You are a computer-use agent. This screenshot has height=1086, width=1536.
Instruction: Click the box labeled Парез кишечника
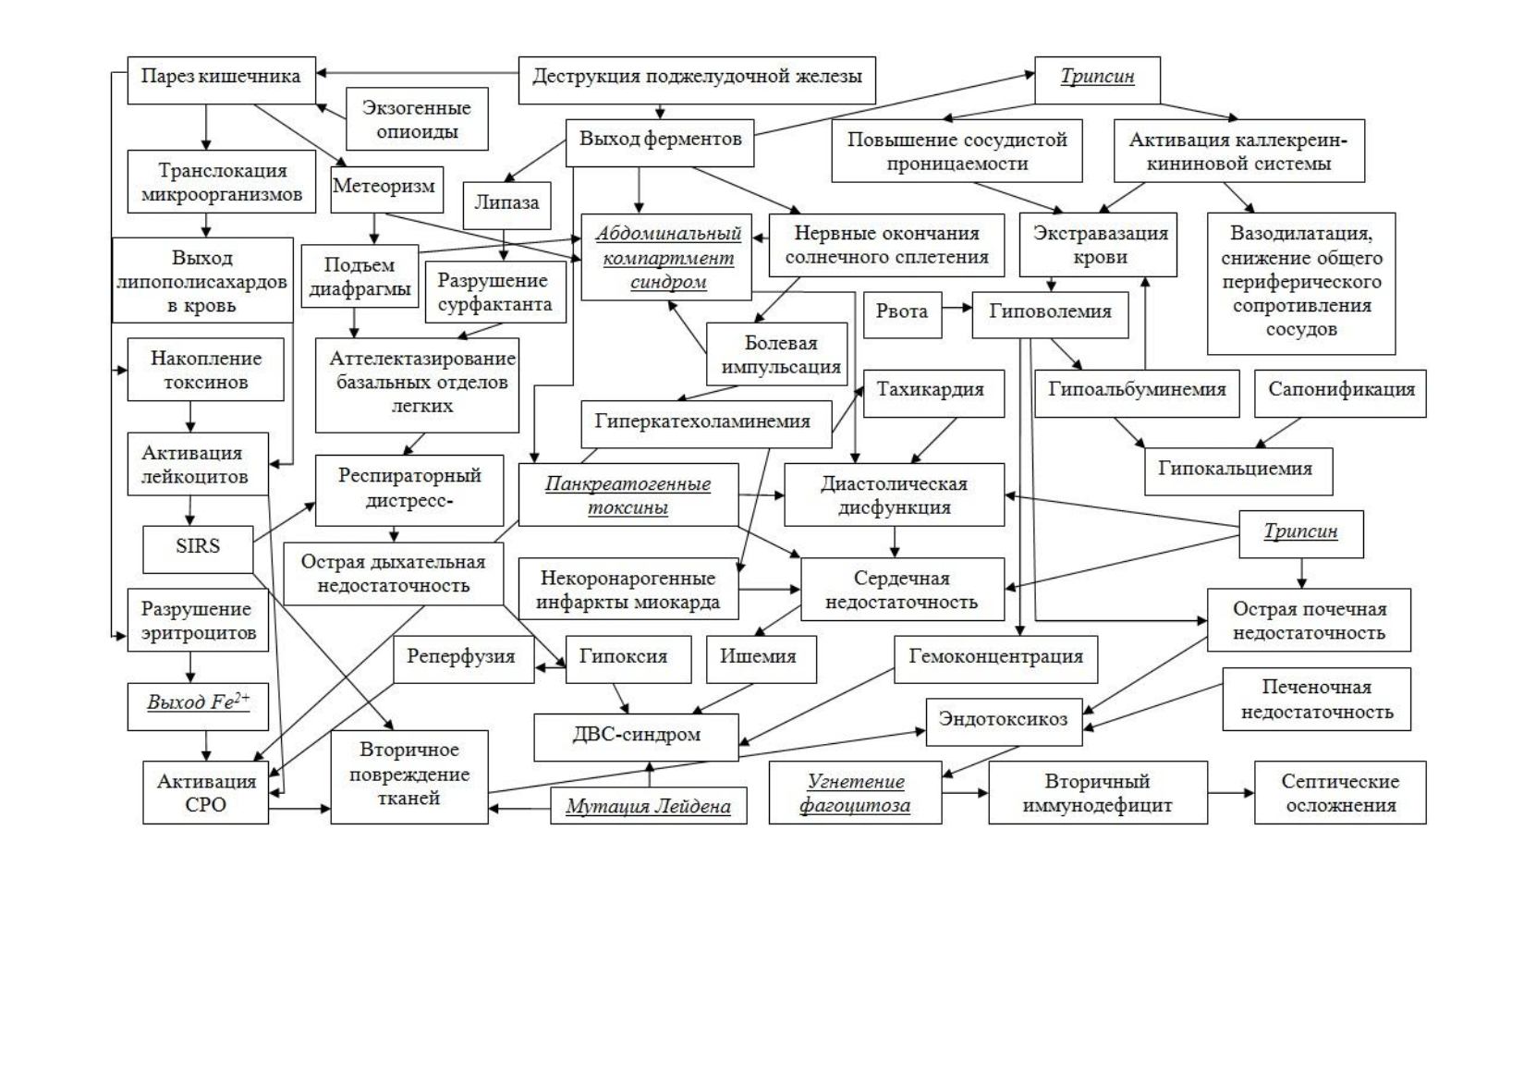[x=222, y=80]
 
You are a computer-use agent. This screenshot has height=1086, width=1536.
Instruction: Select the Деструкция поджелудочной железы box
[x=697, y=80]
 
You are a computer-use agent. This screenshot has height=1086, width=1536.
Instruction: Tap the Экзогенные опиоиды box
[x=417, y=118]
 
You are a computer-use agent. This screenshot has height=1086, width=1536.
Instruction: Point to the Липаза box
[x=506, y=205]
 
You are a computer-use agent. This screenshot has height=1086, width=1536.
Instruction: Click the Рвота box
[x=902, y=314]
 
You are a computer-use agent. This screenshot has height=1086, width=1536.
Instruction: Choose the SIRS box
[x=198, y=549]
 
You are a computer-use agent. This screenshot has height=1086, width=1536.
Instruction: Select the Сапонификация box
[x=1340, y=394]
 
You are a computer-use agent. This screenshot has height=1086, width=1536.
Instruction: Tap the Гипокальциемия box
[x=1238, y=471]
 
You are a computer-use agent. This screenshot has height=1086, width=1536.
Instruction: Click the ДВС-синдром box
[x=637, y=738]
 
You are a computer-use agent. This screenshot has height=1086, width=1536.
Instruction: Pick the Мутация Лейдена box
[x=649, y=806]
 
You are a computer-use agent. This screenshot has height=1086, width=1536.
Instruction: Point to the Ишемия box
[x=762, y=660]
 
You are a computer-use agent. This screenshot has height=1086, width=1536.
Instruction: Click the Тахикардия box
[x=934, y=394]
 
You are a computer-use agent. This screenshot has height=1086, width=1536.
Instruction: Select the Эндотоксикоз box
[x=1004, y=722]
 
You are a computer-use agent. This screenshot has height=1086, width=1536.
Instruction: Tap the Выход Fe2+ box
[x=198, y=706]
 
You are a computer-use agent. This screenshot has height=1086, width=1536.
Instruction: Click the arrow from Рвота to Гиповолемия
[x=957, y=308]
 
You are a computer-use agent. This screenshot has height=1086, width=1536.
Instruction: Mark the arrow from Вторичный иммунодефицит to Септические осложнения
[x=1231, y=793]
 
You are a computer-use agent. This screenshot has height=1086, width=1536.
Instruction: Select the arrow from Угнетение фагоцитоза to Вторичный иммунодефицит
[x=965, y=793]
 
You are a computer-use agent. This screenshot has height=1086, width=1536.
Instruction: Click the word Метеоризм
[x=384, y=186]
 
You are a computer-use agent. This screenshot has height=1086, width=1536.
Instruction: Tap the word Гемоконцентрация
[x=995, y=657]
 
